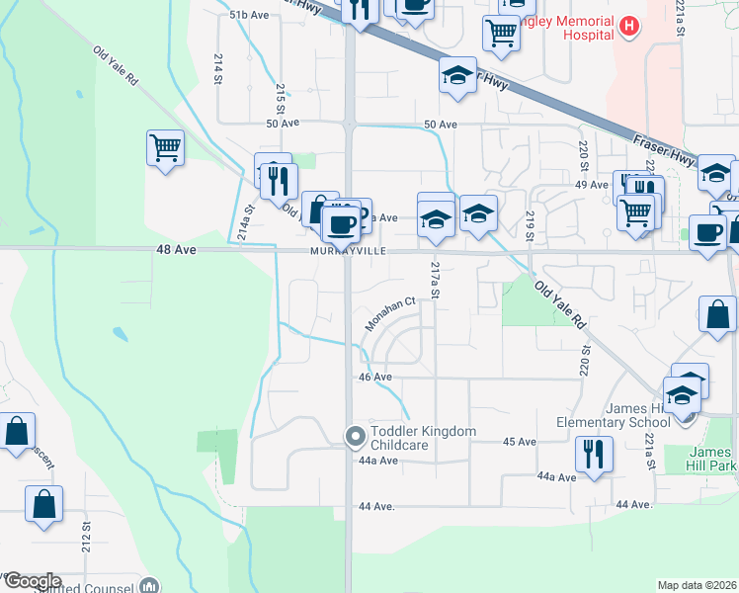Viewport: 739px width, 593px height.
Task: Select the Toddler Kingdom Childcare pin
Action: click(355, 436)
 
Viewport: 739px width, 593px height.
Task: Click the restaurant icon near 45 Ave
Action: click(592, 454)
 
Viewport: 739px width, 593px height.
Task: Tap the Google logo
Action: click(32, 581)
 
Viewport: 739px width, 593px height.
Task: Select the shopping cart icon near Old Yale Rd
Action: click(165, 148)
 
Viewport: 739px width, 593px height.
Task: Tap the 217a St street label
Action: click(433, 281)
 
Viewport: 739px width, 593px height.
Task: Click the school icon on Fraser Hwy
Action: click(457, 75)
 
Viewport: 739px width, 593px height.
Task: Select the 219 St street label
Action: click(530, 225)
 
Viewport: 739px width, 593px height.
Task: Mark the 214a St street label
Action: click(245, 223)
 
